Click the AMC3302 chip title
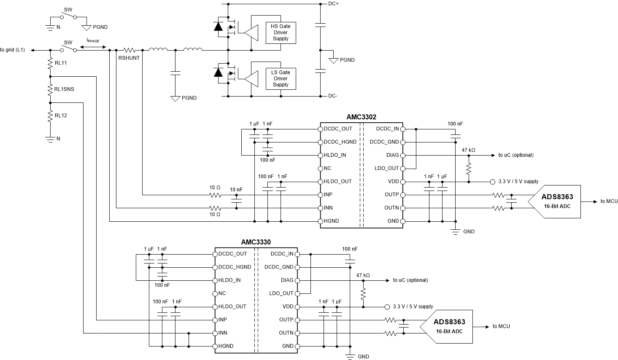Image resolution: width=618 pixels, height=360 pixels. coord(362,117)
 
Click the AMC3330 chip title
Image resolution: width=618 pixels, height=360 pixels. coord(256,242)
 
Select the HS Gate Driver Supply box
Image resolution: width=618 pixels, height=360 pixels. coord(281,32)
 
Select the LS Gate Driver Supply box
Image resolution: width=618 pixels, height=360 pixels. coord(281,78)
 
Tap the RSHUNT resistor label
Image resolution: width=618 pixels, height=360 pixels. coord(129,58)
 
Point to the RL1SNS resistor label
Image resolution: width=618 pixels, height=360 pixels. coord(64,89)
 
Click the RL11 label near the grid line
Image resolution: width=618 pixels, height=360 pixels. coord(61,63)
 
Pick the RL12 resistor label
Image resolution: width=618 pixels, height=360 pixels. coord(61,116)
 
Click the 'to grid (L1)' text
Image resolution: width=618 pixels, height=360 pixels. coord(13,50)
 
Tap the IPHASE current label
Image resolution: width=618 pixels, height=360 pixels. coord(93,40)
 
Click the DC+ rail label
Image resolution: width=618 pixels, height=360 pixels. coord(333,4)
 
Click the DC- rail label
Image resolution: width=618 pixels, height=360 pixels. coord(333,96)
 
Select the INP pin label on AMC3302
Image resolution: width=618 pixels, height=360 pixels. coord(328,195)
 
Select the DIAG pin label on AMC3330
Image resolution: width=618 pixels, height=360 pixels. coord(287,280)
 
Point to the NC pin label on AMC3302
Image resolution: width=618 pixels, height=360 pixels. coord(327,168)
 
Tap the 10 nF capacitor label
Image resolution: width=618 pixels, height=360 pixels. coord(236,190)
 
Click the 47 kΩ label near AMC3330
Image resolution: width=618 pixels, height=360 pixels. coord(363,275)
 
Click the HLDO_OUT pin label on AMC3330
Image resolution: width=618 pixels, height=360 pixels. coord(232,306)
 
